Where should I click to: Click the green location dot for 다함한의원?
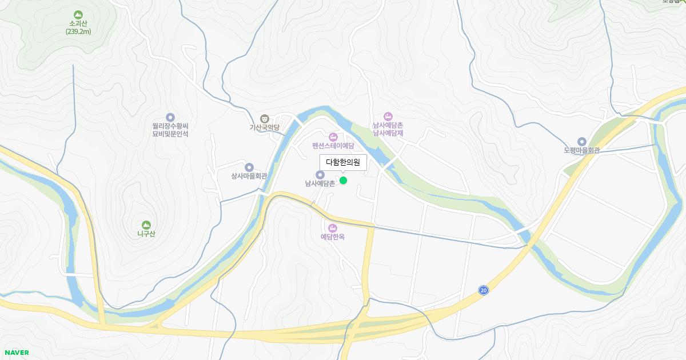pos(343,181)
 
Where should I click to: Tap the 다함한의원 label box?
pos(343,162)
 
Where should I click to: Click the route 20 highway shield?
pos(484,291)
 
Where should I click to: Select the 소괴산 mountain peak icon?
pos(78,14)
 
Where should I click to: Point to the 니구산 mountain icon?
pos(146,225)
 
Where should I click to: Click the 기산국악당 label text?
pos(264,127)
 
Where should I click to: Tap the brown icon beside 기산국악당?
pos(264,118)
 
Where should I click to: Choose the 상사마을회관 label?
pos(249,176)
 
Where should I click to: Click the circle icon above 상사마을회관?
pos(249,167)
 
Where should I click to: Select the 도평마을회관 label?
pos(581,151)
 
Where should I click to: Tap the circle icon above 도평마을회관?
pos(582,142)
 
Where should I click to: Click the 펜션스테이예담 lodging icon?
pos(333,137)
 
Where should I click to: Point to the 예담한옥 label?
pos(333,237)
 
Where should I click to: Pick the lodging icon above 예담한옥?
pos(333,228)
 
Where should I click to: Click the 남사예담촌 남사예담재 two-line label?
pos(388,129)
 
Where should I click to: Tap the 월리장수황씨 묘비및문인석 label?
pos(170,130)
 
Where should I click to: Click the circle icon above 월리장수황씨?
pos(170,117)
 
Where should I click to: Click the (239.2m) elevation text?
pos(78,31)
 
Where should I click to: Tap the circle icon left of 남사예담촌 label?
pos(320,174)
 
